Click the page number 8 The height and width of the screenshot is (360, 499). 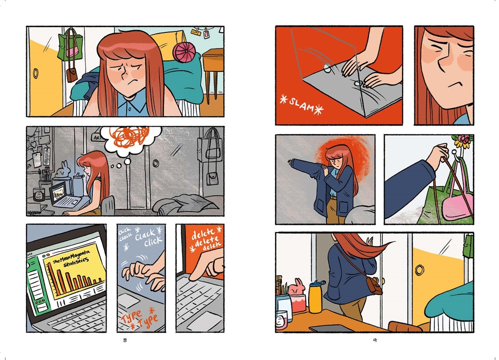(125, 340)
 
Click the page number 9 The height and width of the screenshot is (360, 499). (375, 340)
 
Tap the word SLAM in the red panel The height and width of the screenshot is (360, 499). (301, 104)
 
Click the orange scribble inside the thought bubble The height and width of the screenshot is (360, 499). (129, 137)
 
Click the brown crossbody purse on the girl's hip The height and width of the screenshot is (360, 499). (374, 286)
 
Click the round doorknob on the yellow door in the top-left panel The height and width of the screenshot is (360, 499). (36, 73)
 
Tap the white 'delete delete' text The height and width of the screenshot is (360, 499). (206, 239)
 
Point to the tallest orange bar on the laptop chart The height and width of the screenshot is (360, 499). (52, 279)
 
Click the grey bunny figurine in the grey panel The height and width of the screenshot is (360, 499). (64, 170)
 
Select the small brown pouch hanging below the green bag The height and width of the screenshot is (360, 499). (71, 75)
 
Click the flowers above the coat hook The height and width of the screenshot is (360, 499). (462, 141)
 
